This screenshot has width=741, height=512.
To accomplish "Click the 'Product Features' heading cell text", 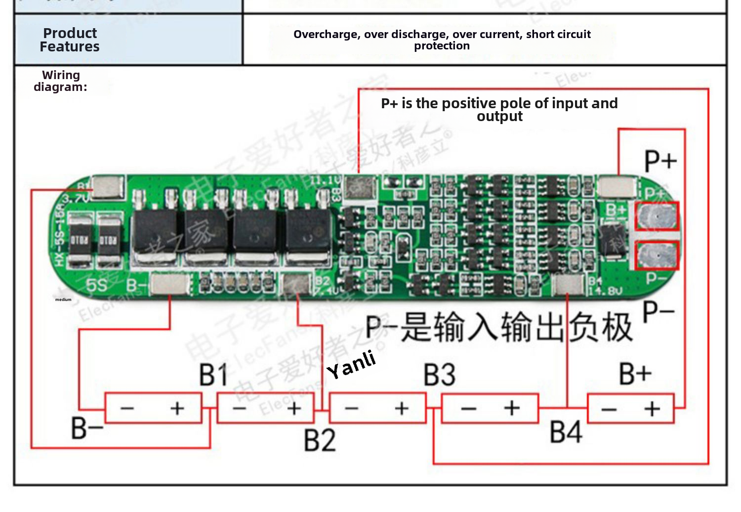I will pyautogui.click(x=70, y=40).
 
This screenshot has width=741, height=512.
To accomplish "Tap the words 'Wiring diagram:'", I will pyautogui.click(x=61, y=81).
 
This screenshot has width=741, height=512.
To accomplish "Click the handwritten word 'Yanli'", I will pyautogui.click(x=351, y=365).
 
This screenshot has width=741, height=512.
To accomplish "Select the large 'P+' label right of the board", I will pyautogui.click(x=660, y=161).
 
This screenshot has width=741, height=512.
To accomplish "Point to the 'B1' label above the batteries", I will pyautogui.click(x=213, y=375).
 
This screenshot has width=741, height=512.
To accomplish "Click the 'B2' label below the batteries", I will pyautogui.click(x=320, y=440).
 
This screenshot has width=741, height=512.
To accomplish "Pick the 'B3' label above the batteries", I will pyautogui.click(x=439, y=375).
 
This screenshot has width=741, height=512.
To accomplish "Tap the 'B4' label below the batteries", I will pyautogui.click(x=566, y=432).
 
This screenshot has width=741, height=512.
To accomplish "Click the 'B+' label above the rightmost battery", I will pyautogui.click(x=635, y=374).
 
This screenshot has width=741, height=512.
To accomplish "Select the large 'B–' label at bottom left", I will pyautogui.click(x=87, y=428).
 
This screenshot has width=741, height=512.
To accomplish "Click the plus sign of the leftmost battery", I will pyautogui.click(x=177, y=408).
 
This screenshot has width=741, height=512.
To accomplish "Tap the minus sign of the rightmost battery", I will pyautogui.click(x=609, y=409).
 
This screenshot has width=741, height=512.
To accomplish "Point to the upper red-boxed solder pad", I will pyautogui.click(x=657, y=216).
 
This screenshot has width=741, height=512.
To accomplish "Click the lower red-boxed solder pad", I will pyautogui.click(x=657, y=255).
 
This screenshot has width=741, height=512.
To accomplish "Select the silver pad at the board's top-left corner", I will pyautogui.click(x=108, y=188).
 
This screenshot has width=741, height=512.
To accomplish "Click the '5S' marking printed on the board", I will pyautogui.click(x=96, y=285).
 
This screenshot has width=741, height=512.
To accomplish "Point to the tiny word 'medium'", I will pyautogui.click(x=63, y=299).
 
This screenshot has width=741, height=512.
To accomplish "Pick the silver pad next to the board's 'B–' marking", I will pyautogui.click(x=169, y=285).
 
